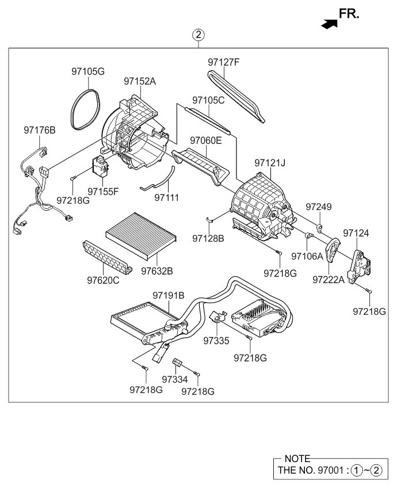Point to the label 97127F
point(223,62)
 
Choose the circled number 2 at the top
point(198,35)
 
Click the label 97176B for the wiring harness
point(40,131)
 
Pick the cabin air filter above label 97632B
point(140,236)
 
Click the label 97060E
point(205,140)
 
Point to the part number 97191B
point(168,295)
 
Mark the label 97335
point(216,341)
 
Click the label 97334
point(175,380)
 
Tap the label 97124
point(356,233)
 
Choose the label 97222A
point(329,280)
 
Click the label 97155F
point(103,191)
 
